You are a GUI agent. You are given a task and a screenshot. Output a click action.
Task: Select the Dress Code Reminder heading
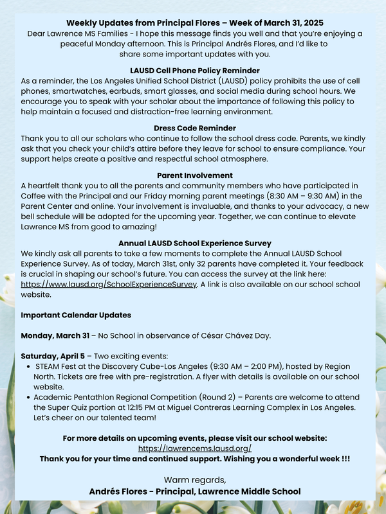coord(194,128)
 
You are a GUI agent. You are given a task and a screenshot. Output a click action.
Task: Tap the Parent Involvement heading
coord(194,175)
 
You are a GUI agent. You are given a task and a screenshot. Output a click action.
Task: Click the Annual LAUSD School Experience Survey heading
coord(194,244)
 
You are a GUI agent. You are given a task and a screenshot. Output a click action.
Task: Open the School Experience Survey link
coord(109,284)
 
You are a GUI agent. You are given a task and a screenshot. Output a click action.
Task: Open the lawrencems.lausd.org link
coord(194,448)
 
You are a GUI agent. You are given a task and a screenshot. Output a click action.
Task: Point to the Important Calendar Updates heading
coord(76,315)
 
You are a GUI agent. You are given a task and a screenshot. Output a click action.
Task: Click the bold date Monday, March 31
coord(55,335)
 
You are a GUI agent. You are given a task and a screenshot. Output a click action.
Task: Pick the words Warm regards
coord(194,480)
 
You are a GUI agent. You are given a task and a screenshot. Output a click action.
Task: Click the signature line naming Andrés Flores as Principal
coord(194,492)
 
